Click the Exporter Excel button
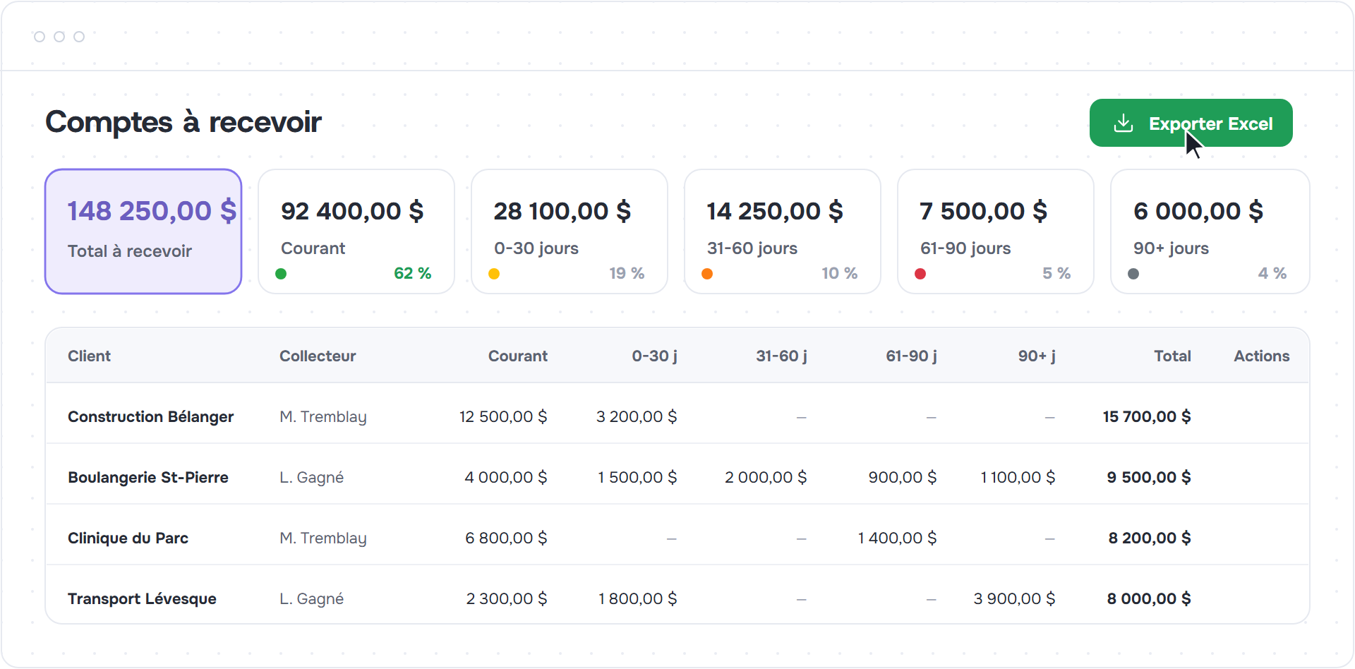tap(1191, 123)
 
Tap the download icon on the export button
tap(1124, 123)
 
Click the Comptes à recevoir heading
tap(183, 122)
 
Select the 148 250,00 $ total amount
tap(152, 211)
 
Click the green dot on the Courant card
tap(281, 274)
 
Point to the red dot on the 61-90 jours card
tap(920, 274)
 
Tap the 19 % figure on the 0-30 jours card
tap(627, 273)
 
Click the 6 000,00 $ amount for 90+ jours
tap(1198, 211)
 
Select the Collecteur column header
tap(318, 356)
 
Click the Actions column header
tap(1262, 356)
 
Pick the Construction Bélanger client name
tap(150, 416)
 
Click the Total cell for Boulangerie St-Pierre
tap(1149, 477)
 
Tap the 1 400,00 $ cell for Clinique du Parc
tap(897, 538)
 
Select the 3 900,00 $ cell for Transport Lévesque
tap(1014, 598)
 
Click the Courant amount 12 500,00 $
tap(503, 416)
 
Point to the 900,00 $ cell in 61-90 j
tap(903, 477)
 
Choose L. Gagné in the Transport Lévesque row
tap(311, 598)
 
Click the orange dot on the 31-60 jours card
tap(707, 274)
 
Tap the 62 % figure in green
tap(412, 273)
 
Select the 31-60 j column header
tap(781, 356)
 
